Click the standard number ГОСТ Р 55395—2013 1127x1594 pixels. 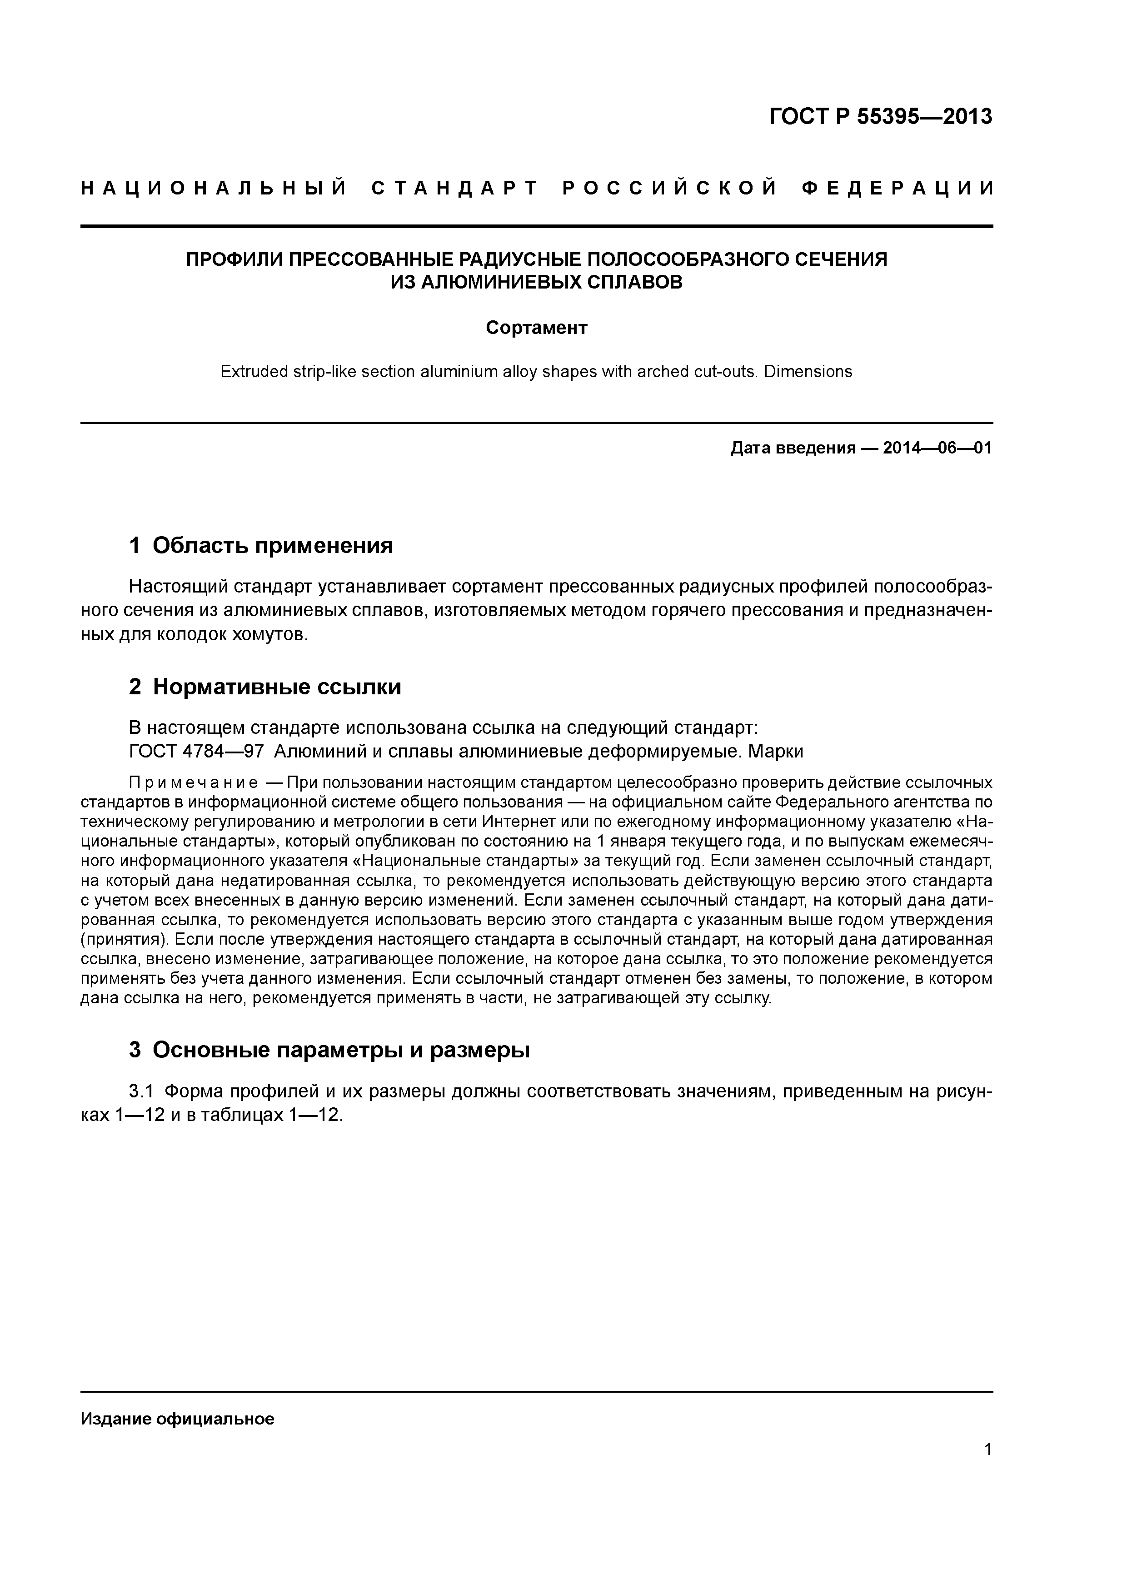coord(881,117)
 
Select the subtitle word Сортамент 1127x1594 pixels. coord(536,328)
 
